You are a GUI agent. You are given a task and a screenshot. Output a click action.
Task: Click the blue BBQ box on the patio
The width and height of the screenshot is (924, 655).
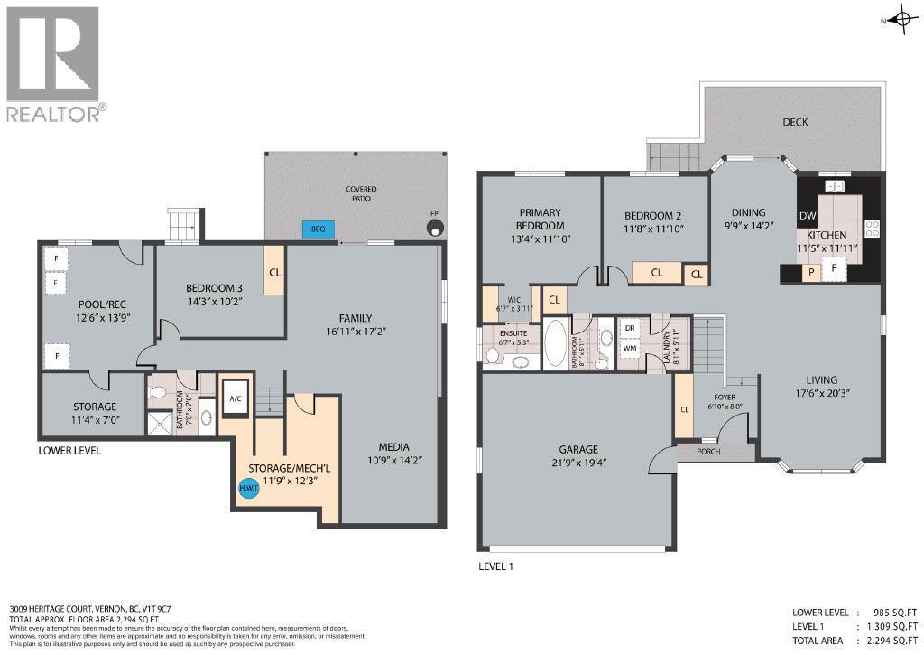tap(318, 229)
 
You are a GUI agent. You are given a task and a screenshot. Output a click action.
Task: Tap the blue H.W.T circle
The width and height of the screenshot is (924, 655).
tap(248, 489)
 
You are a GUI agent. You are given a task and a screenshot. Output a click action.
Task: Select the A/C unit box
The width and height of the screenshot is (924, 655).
tap(236, 398)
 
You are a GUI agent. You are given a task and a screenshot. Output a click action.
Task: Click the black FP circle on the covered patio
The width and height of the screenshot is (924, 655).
tap(437, 229)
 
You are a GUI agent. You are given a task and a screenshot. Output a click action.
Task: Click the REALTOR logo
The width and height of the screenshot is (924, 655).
tap(54, 64)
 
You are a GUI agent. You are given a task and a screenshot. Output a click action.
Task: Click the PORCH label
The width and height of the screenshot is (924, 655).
tap(709, 451)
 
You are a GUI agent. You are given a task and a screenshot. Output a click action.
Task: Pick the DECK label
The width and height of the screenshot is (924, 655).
tap(795, 122)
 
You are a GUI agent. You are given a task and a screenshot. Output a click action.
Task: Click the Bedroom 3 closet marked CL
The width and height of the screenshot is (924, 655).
tap(274, 270)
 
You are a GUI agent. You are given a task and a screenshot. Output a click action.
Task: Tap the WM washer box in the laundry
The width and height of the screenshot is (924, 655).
tap(630, 347)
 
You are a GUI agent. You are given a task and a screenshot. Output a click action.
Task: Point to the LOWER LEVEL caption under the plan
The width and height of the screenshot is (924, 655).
tap(69, 450)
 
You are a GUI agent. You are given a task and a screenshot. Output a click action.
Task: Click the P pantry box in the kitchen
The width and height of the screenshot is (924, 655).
tap(811, 270)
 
